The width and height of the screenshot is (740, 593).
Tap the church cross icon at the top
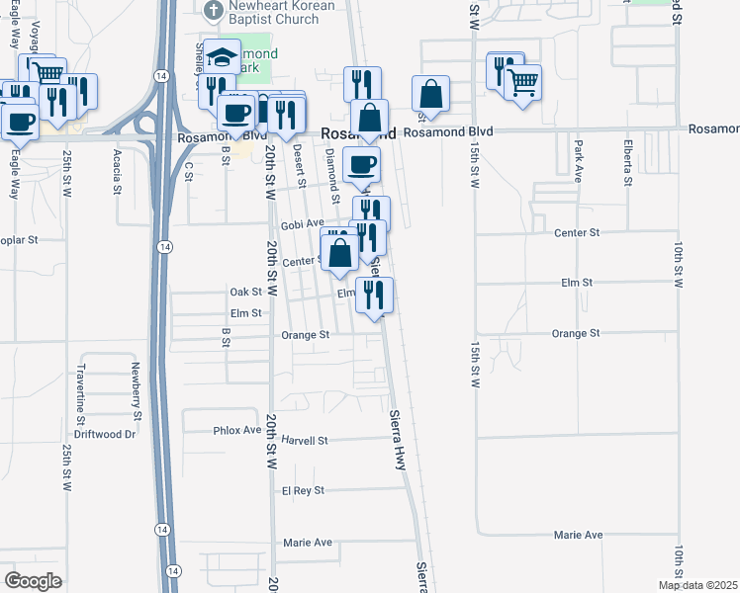pyautogui.click(x=211, y=11)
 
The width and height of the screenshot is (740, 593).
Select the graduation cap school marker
pyautogui.click(x=224, y=57)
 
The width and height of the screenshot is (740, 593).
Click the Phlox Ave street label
pyautogui.click(x=237, y=431)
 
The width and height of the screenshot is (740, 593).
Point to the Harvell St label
pyautogui.click(x=304, y=440)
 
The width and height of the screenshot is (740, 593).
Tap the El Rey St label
pyautogui.click(x=303, y=490)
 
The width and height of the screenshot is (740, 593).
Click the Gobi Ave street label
pyautogui.click(x=303, y=224)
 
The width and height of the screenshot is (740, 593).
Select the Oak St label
pyautogui.click(x=245, y=292)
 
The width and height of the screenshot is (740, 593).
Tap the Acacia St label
pyautogui.click(x=118, y=173)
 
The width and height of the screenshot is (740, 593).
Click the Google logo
pyautogui.click(x=33, y=580)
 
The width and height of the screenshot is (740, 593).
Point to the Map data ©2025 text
pyautogui.click(x=696, y=585)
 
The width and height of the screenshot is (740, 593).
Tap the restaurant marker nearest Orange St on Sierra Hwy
pyautogui.click(x=374, y=296)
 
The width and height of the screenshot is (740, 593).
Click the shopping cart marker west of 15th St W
pyautogui.click(x=522, y=82)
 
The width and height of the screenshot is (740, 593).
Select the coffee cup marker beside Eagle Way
pyautogui.click(x=20, y=122)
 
